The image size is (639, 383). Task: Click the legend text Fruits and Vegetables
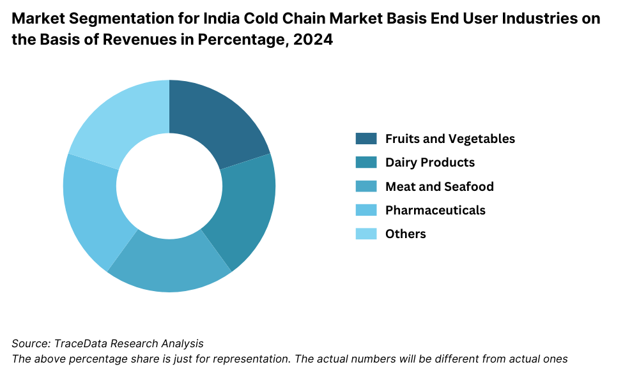tap(450, 139)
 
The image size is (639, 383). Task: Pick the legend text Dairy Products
tap(430, 162)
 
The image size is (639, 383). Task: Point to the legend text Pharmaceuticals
tap(435, 210)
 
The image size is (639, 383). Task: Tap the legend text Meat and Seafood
tap(440, 186)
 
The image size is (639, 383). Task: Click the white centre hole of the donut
tap(169, 186)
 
